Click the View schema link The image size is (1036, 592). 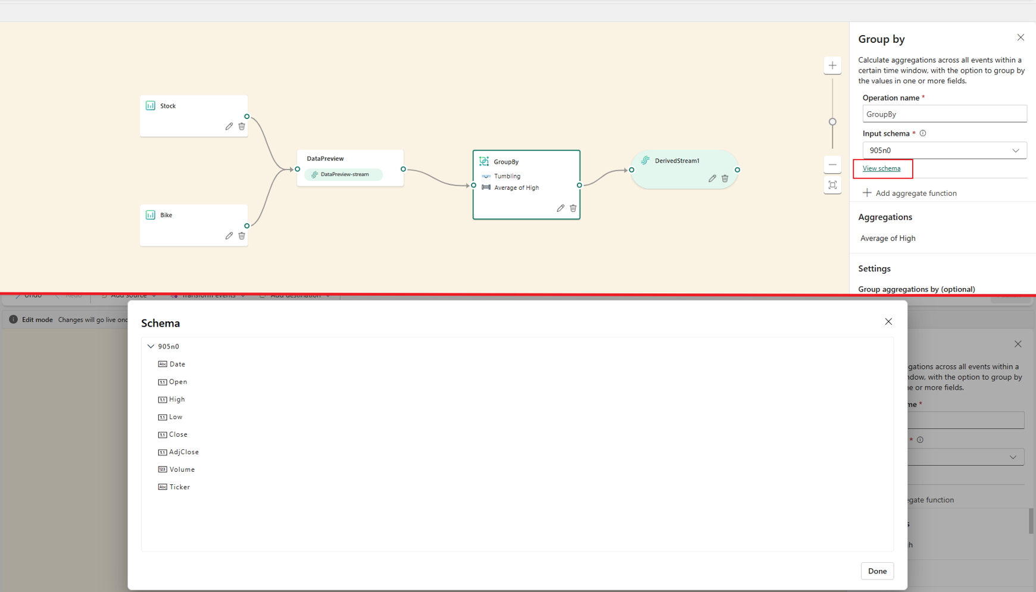[881, 168]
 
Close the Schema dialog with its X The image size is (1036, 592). [888, 322]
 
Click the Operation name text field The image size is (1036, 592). [944, 114]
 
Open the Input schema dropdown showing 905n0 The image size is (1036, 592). [944, 151]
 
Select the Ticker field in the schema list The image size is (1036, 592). [179, 487]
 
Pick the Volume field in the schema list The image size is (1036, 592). [182, 469]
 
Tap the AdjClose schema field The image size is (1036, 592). [183, 452]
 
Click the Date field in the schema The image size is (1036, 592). [177, 364]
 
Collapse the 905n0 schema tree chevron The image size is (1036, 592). [151, 346]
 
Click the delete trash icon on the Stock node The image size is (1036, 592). [242, 126]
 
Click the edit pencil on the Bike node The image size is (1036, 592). [229, 236]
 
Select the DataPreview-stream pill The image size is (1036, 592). [344, 174]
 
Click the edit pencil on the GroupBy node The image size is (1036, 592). [560, 208]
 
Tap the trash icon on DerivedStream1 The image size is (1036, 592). [725, 178]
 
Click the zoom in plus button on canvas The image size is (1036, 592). [832, 65]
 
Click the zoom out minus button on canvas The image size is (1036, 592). [832, 165]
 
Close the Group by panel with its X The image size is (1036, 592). [1021, 37]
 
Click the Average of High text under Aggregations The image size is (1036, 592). [888, 238]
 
